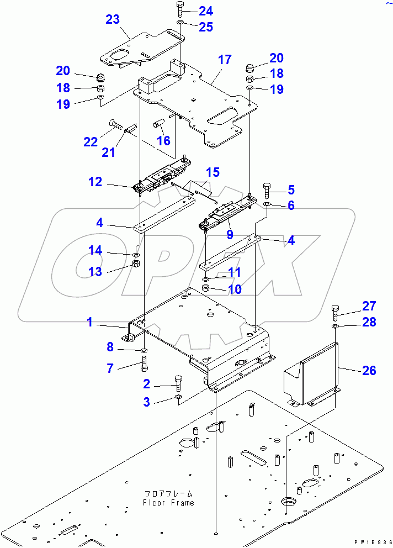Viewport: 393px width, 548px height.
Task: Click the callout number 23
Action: click(x=113, y=20)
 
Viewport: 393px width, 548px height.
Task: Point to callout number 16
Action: click(x=163, y=141)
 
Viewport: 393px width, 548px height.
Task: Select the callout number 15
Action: click(x=213, y=172)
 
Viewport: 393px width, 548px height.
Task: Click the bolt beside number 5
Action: click(x=268, y=191)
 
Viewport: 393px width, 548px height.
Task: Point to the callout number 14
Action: click(x=95, y=251)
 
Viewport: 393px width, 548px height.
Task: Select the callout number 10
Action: click(x=235, y=288)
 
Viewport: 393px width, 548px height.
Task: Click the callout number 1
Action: click(x=90, y=322)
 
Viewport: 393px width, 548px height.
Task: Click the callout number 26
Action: click(x=369, y=370)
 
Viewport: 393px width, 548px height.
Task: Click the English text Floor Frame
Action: click(x=168, y=503)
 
